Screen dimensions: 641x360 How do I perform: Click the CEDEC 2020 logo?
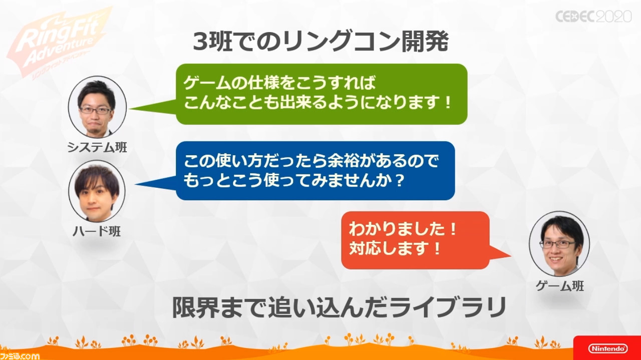[593, 17]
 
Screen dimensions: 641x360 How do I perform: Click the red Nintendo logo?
[608, 348]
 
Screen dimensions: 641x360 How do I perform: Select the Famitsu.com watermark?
[20, 355]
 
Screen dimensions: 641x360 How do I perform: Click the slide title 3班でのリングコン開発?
[320, 42]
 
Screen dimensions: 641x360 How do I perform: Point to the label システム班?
[97, 147]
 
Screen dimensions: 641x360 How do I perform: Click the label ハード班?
[97, 231]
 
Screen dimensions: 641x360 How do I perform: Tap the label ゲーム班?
[560, 285]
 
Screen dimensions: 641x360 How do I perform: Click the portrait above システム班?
[97, 107]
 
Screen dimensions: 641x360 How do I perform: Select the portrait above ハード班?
[97, 191]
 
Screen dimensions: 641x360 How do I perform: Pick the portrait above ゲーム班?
[559, 243]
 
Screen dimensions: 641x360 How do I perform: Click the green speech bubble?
[322, 94]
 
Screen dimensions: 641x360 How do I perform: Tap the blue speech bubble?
[315, 171]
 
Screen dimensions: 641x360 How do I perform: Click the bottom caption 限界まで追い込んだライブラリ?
[339, 308]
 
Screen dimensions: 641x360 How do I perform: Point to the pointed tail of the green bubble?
[130, 109]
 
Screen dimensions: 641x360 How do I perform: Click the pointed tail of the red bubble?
[511, 255]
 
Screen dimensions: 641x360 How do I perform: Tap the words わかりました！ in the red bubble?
[403, 229]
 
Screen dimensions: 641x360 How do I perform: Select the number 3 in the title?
[200, 42]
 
